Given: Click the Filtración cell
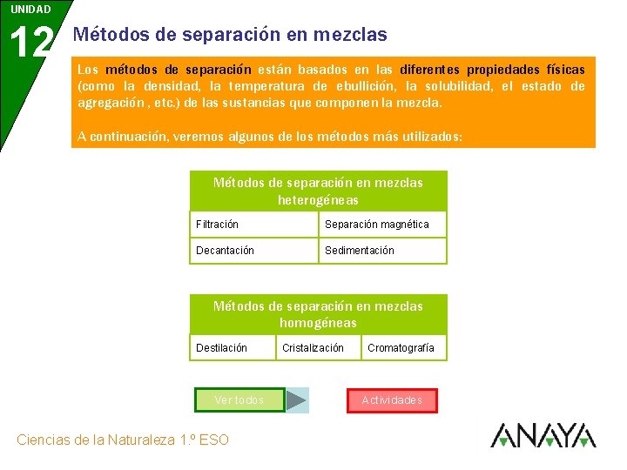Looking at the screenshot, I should click(253, 225).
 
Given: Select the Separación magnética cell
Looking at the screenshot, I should click(382, 225).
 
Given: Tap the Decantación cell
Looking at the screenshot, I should click(253, 251).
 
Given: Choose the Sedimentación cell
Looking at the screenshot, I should click(382, 251).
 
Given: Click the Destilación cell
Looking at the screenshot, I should click(232, 348).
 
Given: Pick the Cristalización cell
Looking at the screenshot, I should click(318, 348).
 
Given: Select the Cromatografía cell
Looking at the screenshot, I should click(403, 348).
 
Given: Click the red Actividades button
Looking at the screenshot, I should click(392, 400).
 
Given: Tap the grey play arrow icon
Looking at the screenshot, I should click(297, 400).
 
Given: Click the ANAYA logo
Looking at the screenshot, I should click(543, 435).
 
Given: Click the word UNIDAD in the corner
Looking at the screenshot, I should click(30, 10).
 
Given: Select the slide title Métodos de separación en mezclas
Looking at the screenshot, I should click(230, 35).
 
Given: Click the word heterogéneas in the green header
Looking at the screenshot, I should click(318, 200).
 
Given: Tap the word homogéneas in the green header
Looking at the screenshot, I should click(318, 323).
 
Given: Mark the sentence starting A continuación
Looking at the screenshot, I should click(270, 137).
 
